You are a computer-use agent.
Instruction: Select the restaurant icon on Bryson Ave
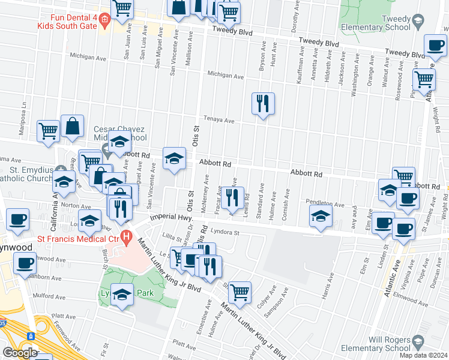263,103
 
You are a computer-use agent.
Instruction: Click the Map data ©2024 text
423,355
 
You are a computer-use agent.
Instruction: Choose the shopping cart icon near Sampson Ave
239,292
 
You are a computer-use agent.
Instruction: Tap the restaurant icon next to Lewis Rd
233,197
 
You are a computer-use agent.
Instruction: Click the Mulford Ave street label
49,296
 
